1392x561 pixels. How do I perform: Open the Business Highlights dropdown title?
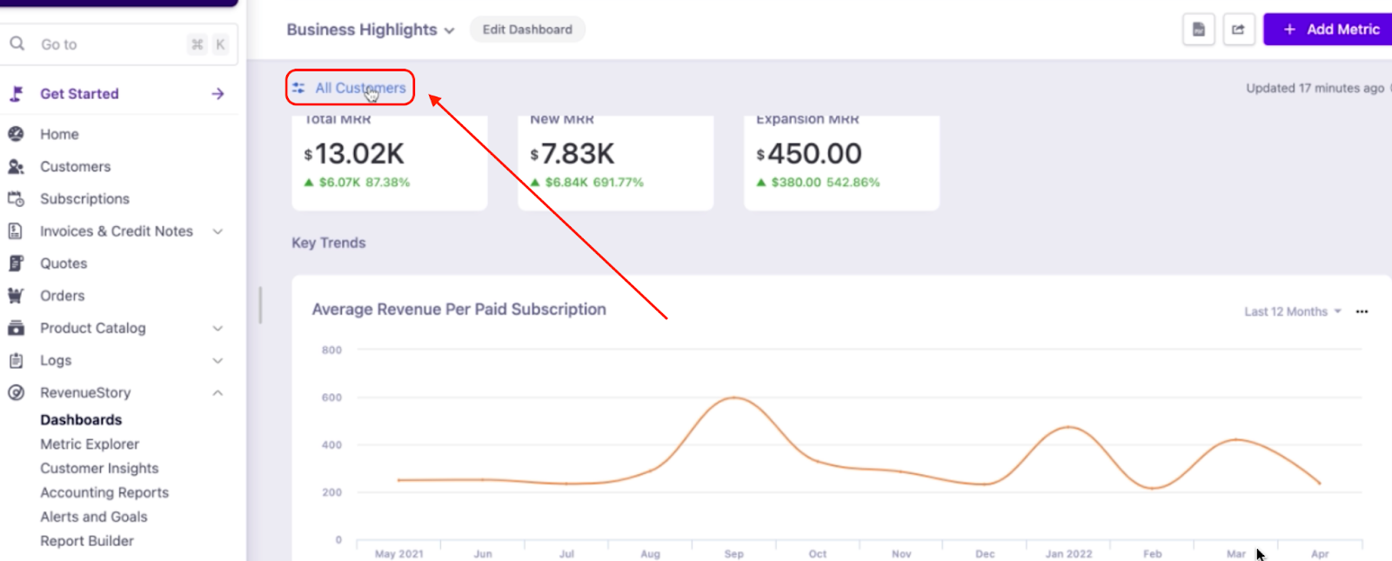click(371, 30)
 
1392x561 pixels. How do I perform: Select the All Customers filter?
click(351, 88)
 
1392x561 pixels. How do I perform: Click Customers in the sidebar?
click(75, 166)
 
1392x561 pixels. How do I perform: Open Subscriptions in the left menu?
click(84, 198)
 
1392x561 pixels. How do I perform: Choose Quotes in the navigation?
click(64, 264)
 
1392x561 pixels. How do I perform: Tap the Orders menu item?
click(62, 296)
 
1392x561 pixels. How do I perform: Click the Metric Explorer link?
click(90, 444)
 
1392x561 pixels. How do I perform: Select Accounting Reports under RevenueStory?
click(104, 492)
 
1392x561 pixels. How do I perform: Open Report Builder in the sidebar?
click(87, 541)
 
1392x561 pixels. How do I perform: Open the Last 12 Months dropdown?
click(1292, 311)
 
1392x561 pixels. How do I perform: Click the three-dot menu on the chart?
click(1362, 311)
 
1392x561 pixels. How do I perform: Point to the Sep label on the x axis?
click(734, 554)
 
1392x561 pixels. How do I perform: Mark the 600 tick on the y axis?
click(331, 397)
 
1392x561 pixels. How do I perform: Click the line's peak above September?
click(735, 397)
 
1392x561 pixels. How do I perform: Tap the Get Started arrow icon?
click(217, 94)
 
